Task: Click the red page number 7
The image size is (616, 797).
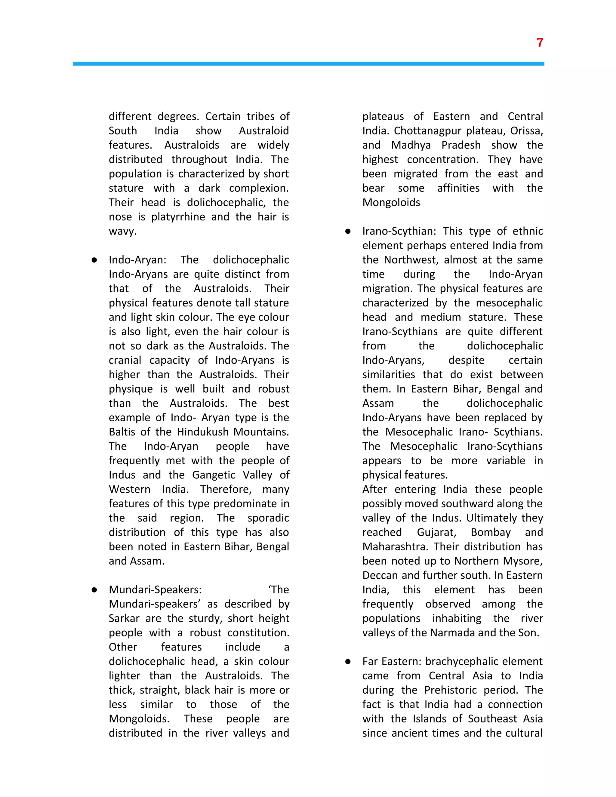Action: click(x=540, y=43)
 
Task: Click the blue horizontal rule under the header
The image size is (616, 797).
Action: click(x=308, y=63)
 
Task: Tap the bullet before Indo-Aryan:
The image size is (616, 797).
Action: click(x=94, y=260)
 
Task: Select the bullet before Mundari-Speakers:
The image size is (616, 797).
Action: click(x=94, y=590)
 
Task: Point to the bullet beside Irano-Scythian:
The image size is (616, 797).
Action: click(x=348, y=231)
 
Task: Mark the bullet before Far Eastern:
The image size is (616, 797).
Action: click(x=348, y=662)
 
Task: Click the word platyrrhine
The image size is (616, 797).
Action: click(x=178, y=217)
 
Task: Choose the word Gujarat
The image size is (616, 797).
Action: click(x=436, y=532)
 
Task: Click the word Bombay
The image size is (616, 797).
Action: click(x=491, y=532)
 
